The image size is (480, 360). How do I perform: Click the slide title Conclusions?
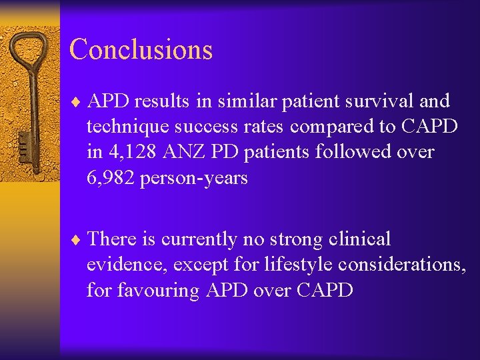(x=141, y=50)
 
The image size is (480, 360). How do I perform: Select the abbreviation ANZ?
(x=182, y=152)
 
